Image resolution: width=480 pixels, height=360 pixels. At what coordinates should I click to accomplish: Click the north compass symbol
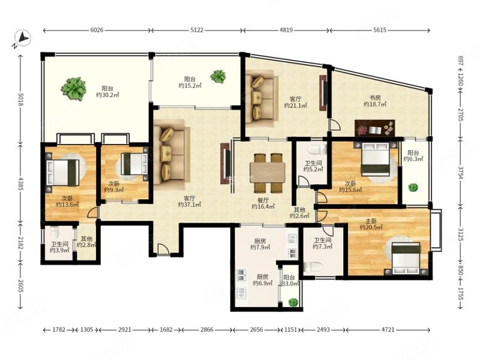(22, 38)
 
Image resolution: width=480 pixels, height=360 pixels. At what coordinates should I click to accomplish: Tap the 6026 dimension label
(97, 30)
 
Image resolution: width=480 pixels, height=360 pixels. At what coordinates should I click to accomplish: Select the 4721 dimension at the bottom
(388, 329)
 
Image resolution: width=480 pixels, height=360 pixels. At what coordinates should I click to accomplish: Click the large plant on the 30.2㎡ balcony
(73, 89)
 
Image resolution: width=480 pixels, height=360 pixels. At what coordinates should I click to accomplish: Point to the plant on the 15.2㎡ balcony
(218, 76)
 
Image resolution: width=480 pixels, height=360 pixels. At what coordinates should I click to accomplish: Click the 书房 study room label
(374, 98)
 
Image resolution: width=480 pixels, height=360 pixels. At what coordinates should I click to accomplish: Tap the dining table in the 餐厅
(268, 173)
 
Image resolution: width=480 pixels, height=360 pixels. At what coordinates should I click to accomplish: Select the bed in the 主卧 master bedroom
(407, 258)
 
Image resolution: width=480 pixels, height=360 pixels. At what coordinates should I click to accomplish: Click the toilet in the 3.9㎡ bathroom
(55, 233)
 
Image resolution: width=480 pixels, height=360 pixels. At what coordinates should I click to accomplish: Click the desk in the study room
(374, 128)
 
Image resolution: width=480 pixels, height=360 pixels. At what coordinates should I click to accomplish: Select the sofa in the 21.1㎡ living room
(262, 98)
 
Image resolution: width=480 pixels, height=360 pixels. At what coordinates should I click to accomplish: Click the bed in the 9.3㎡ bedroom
(134, 164)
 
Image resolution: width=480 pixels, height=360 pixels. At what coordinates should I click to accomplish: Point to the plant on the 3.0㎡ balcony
(293, 302)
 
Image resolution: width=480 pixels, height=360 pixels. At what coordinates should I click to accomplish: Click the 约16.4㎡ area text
(263, 206)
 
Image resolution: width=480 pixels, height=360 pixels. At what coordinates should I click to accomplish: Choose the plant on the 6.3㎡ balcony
(413, 187)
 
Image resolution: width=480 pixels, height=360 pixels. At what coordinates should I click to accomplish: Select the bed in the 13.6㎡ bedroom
(63, 172)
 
